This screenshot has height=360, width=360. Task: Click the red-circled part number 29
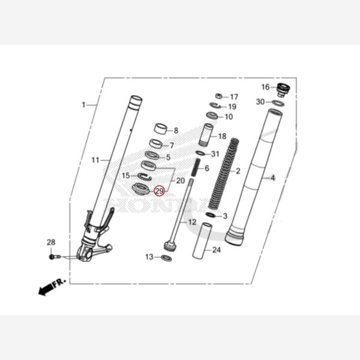[159, 191]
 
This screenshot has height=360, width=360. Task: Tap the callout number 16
[265, 88]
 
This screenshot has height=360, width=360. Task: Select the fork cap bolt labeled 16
[283, 90]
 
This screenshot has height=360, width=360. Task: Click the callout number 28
[51, 242]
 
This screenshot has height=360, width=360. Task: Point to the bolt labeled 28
[54, 257]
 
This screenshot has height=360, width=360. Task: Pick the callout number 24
[217, 250]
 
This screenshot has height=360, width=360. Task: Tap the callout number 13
[149, 257]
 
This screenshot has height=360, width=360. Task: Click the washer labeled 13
[167, 258]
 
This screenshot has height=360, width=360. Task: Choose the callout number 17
[233, 97]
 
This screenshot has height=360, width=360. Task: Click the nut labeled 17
[219, 96]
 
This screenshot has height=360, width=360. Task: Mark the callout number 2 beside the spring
[238, 171]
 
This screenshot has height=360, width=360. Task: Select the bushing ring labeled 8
[160, 128]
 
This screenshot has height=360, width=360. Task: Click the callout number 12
[192, 222]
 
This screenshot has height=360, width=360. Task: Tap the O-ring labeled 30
[278, 103]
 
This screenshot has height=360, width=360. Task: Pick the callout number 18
[222, 137]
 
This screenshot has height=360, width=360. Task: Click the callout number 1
[83, 105]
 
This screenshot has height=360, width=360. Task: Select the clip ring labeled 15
[143, 176]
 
